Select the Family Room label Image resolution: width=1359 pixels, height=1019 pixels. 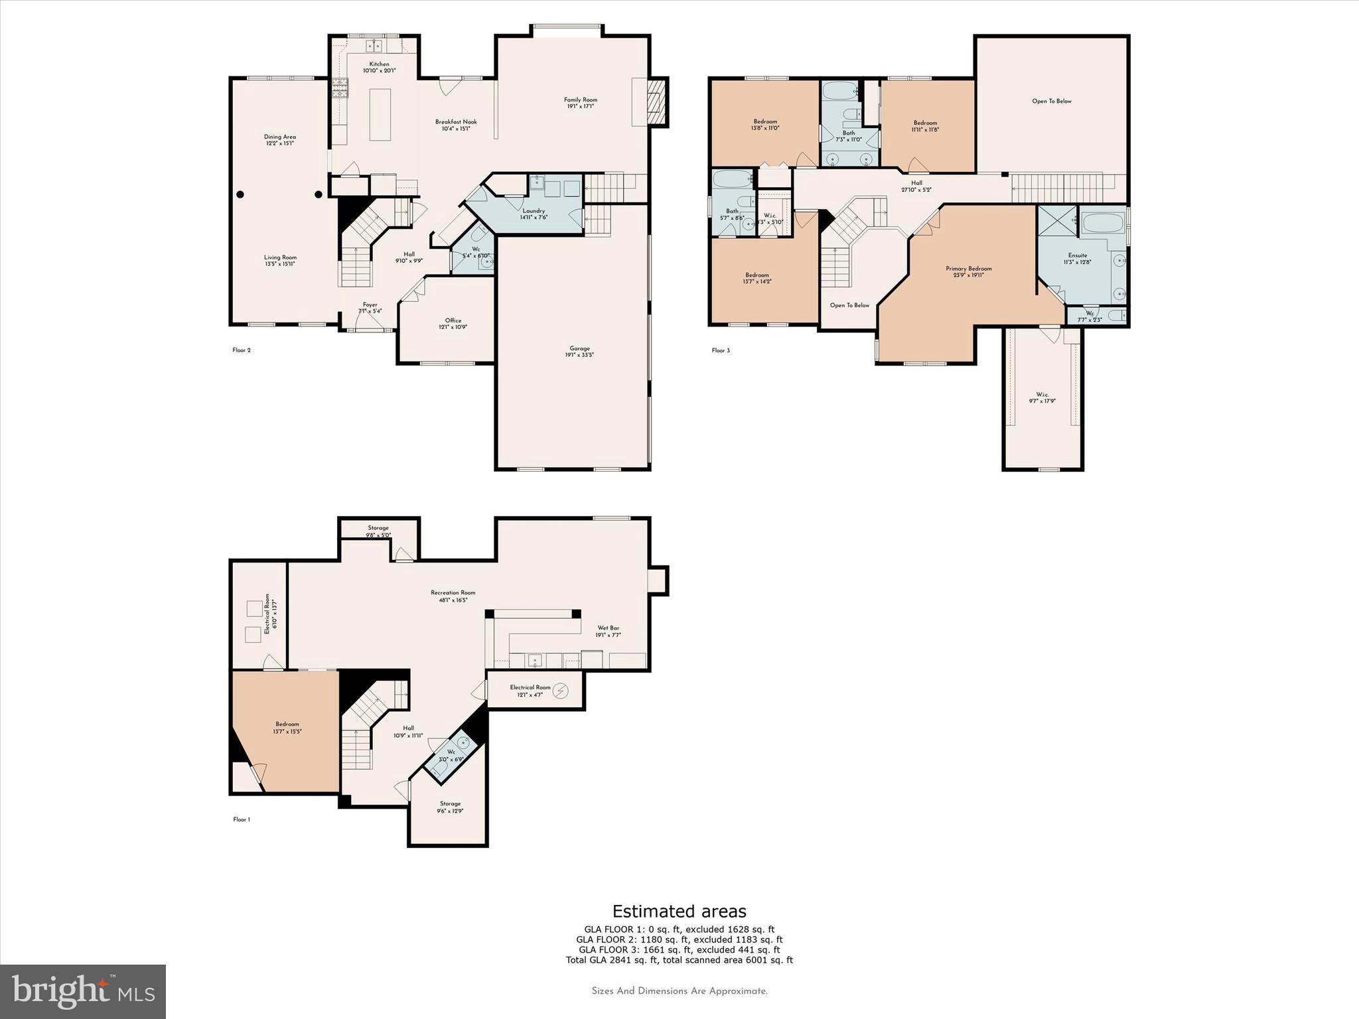click(581, 103)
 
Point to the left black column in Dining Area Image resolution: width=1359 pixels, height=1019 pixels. click(240, 194)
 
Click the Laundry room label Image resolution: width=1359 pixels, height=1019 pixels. click(534, 214)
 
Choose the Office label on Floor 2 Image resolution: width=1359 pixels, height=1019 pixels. click(453, 323)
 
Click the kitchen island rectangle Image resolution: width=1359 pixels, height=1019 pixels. click(380, 114)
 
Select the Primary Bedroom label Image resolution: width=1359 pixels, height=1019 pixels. click(969, 271)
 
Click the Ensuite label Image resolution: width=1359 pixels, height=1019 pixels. click(1078, 258)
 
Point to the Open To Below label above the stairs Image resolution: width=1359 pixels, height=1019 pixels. click(849, 305)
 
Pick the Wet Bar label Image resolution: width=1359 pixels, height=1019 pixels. click(608, 631)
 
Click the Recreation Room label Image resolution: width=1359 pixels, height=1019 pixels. click(453, 596)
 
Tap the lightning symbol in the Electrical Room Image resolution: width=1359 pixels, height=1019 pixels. click(562, 691)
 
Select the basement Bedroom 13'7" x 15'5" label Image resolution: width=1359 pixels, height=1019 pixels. click(287, 727)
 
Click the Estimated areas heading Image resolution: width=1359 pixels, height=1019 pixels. click(679, 911)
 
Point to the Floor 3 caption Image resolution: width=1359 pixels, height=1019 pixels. click(721, 350)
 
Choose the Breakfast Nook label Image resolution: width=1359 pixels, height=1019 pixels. click(456, 125)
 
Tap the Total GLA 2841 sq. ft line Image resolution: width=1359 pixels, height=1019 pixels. click(679, 960)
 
